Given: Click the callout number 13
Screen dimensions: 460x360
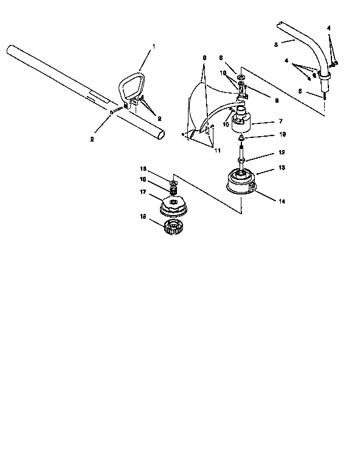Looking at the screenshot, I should pos(265,167).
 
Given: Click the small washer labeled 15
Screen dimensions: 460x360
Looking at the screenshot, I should pos(173,182).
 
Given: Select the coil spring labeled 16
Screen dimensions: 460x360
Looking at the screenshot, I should pos(172,193).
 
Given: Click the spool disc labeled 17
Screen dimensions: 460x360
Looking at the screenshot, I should pos(171,208).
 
